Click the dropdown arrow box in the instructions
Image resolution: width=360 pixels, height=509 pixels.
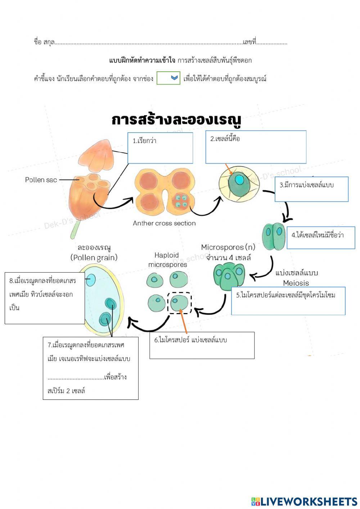click(x=168, y=78)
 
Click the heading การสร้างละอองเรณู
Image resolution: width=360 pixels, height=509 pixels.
click(x=176, y=120)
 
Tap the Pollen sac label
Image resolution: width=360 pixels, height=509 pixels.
click(x=41, y=180)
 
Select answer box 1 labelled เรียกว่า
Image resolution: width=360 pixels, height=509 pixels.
click(x=160, y=148)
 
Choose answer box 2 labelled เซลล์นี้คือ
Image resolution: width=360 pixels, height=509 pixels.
click(x=256, y=147)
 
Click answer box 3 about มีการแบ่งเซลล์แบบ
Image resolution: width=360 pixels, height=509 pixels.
click(x=311, y=189)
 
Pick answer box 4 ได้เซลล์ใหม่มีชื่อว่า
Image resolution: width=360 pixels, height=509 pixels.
click(x=321, y=237)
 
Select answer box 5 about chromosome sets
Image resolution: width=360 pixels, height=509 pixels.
click(x=288, y=301)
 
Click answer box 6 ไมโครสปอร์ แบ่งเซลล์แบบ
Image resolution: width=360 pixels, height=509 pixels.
click(x=202, y=345)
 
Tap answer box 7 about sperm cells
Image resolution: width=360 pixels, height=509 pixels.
click(x=90, y=368)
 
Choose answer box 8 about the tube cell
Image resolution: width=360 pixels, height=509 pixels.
click(x=44, y=298)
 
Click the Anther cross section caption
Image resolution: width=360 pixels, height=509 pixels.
click(x=164, y=223)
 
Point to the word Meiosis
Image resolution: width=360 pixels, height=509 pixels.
click(x=296, y=283)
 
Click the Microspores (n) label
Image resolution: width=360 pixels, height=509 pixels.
click(x=228, y=247)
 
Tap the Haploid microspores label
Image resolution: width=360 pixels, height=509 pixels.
click(x=167, y=260)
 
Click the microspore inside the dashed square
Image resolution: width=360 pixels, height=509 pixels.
click(x=179, y=302)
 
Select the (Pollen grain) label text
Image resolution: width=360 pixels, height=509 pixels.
click(x=94, y=257)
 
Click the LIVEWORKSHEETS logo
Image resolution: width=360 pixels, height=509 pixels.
click(x=304, y=501)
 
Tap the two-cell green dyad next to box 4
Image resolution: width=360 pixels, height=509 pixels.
click(x=273, y=236)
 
